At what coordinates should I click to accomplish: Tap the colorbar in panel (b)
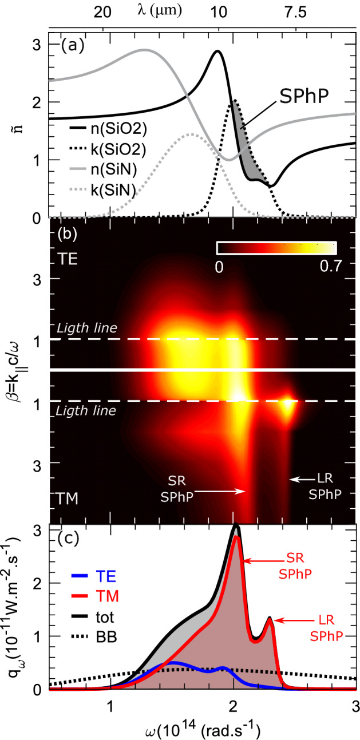click(x=276, y=247)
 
